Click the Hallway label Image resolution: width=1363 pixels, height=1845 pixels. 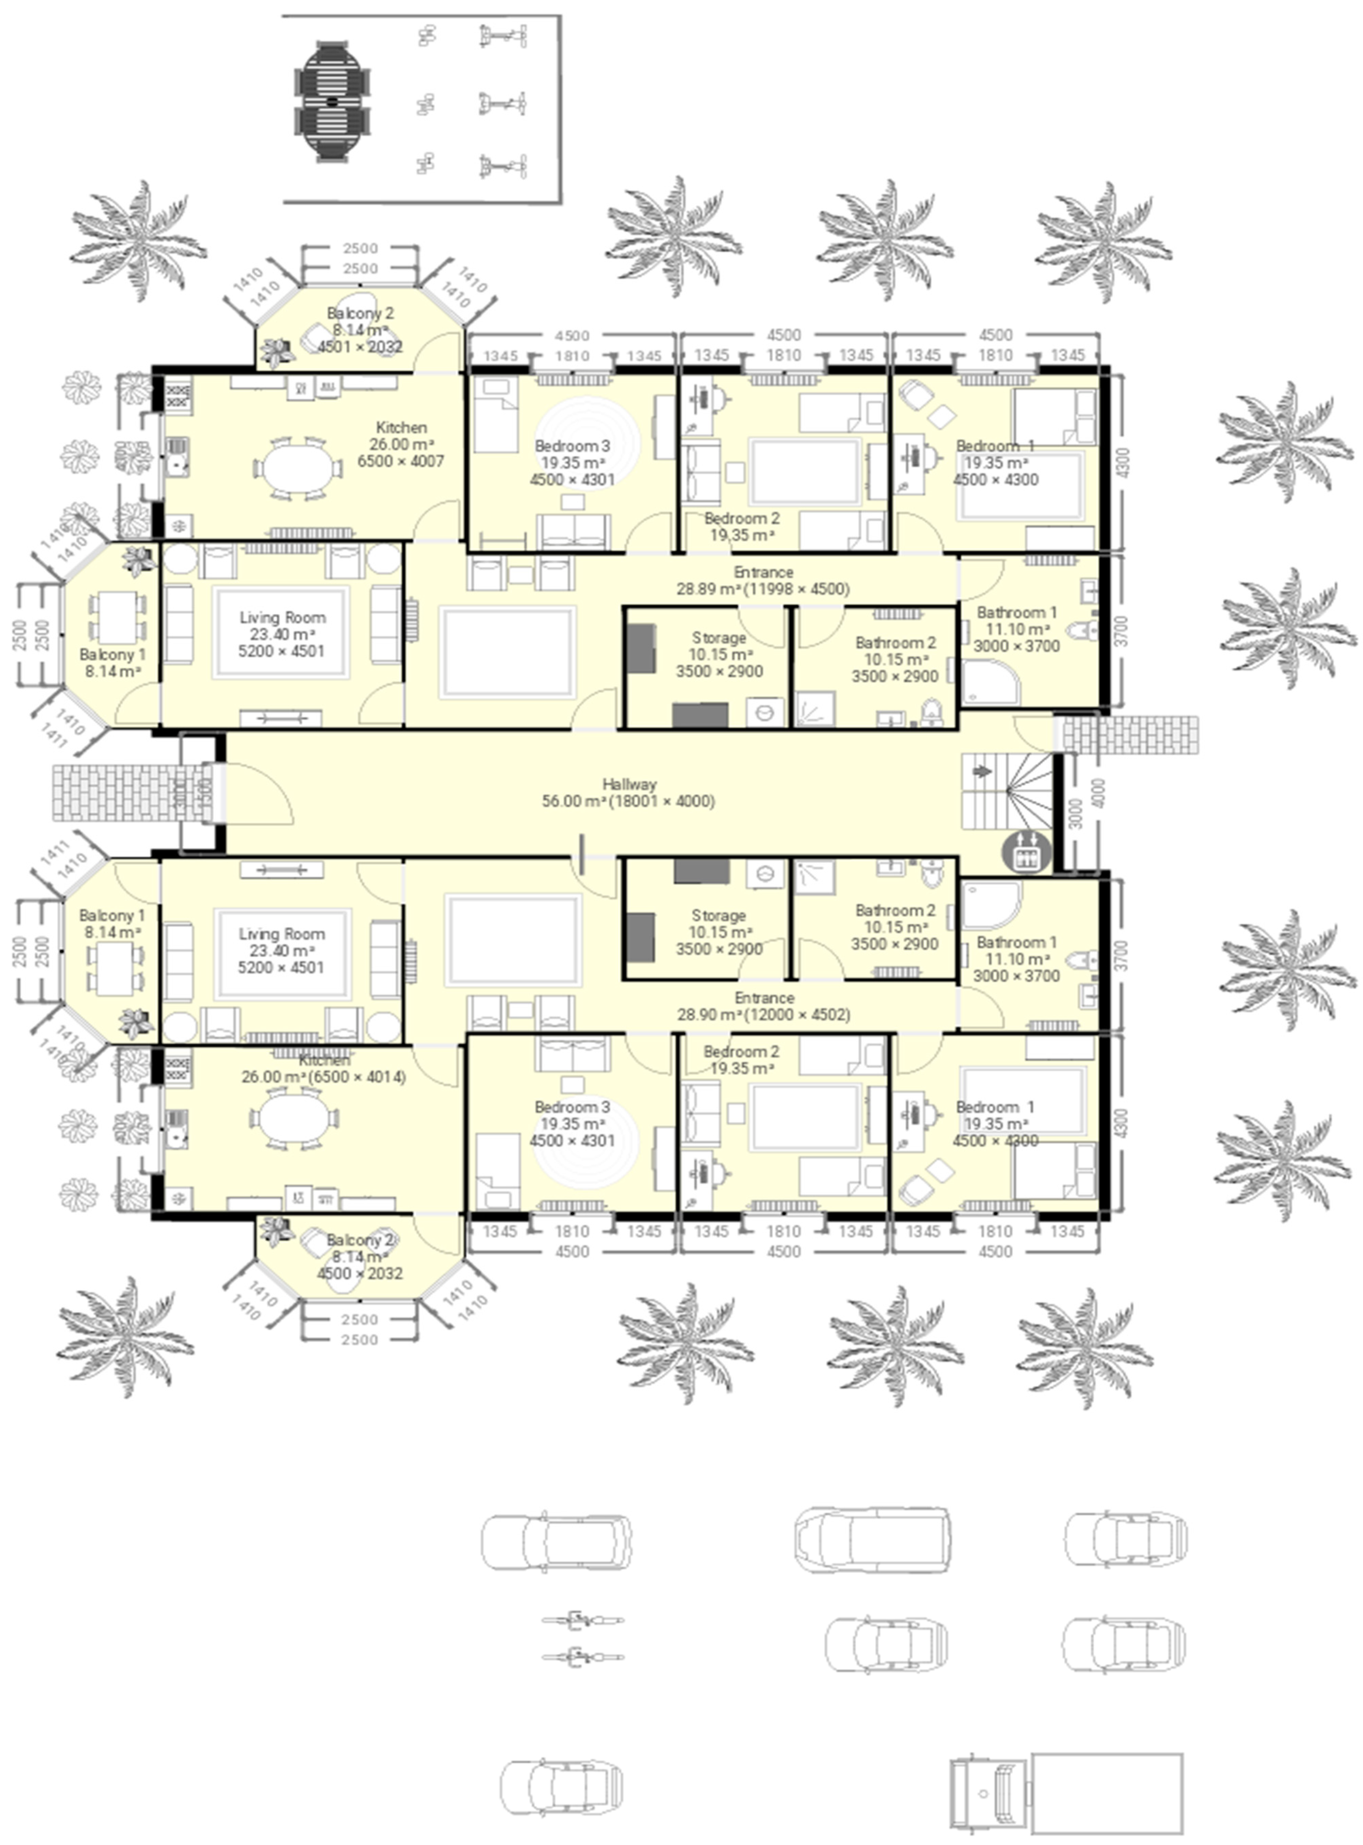click(x=629, y=784)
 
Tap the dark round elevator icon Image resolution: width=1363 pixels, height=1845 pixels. click(x=1026, y=852)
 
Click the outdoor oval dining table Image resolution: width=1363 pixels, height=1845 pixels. click(x=333, y=101)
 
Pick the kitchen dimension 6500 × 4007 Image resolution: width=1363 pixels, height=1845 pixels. click(x=401, y=461)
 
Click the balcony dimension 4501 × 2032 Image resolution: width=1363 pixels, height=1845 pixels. click(x=361, y=347)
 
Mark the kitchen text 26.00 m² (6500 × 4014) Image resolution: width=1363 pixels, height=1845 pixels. click(x=323, y=1076)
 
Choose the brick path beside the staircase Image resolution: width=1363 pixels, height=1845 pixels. click(x=1130, y=734)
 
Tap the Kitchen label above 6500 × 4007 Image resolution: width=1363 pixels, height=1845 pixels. click(x=401, y=427)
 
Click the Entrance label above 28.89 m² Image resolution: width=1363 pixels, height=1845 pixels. click(x=763, y=571)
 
